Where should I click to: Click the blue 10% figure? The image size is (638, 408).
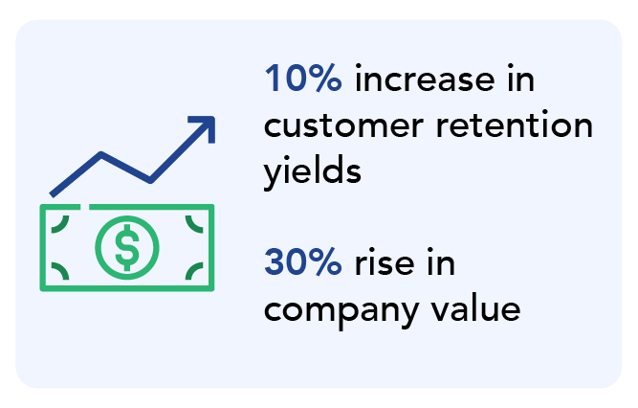[x=303, y=78]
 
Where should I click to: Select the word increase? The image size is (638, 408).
[x=425, y=79]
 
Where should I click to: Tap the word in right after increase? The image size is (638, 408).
[x=520, y=78]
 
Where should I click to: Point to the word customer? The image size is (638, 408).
[x=343, y=126]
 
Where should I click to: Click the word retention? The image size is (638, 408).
[x=514, y=125]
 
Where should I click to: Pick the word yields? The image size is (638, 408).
[x=312, y=170]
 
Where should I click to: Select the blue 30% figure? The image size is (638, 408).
[x=303, y=261]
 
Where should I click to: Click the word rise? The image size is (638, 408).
[x=385, y=261]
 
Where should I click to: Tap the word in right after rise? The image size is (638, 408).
[x=441, y=261]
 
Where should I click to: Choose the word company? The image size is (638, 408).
[x=341, y=311]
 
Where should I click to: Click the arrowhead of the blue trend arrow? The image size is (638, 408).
[x=207, y=125]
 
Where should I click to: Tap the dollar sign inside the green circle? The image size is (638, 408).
[x=127, y=247]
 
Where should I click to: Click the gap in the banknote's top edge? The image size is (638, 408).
[x=84, y=207]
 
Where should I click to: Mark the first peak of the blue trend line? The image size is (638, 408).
[x=100, y=154]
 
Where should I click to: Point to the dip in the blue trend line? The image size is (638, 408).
[x=150, y=180]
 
